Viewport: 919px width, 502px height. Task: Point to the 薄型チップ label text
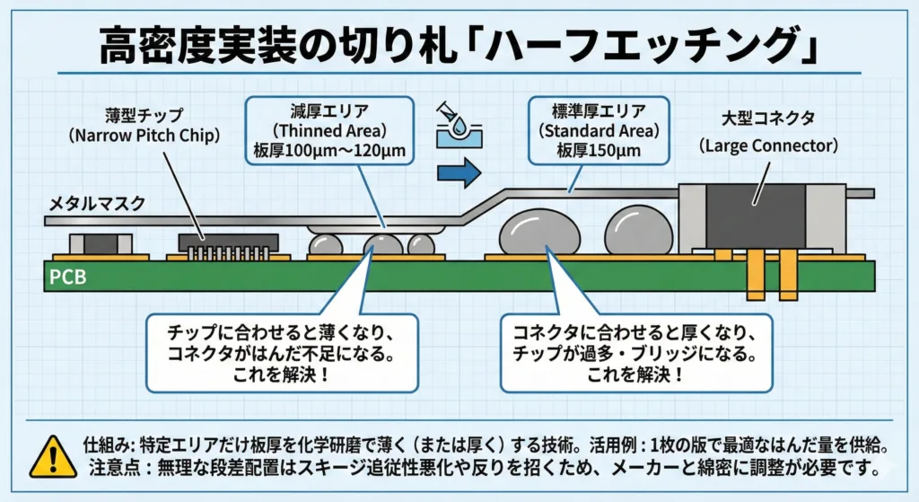[144, 116]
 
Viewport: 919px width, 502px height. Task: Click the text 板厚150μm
[598, 150]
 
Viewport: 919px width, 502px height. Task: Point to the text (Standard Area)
[599, 130]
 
